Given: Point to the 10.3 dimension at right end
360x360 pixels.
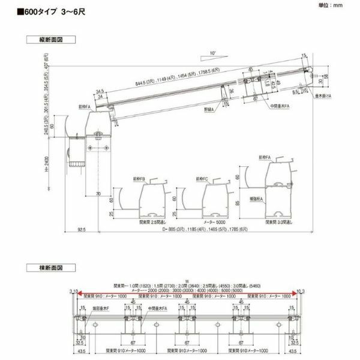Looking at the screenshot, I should pos(301,291).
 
